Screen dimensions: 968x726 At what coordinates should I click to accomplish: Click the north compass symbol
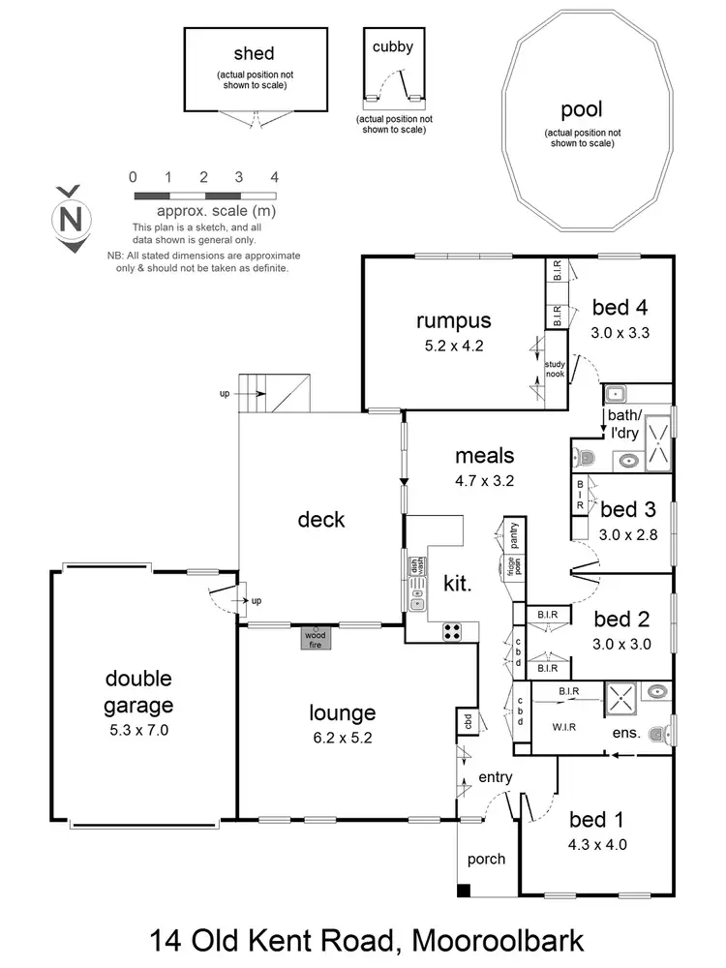point(71,219)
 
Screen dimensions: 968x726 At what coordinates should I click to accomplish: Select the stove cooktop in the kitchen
point(453,632)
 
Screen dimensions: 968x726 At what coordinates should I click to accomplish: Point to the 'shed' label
point(254,53)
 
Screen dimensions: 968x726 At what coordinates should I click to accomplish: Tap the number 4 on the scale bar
point(275,177)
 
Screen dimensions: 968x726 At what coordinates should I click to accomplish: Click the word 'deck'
point(321,520)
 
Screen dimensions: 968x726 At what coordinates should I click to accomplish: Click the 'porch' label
point(486,859)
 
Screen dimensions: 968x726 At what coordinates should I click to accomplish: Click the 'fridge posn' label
point(504,567)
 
